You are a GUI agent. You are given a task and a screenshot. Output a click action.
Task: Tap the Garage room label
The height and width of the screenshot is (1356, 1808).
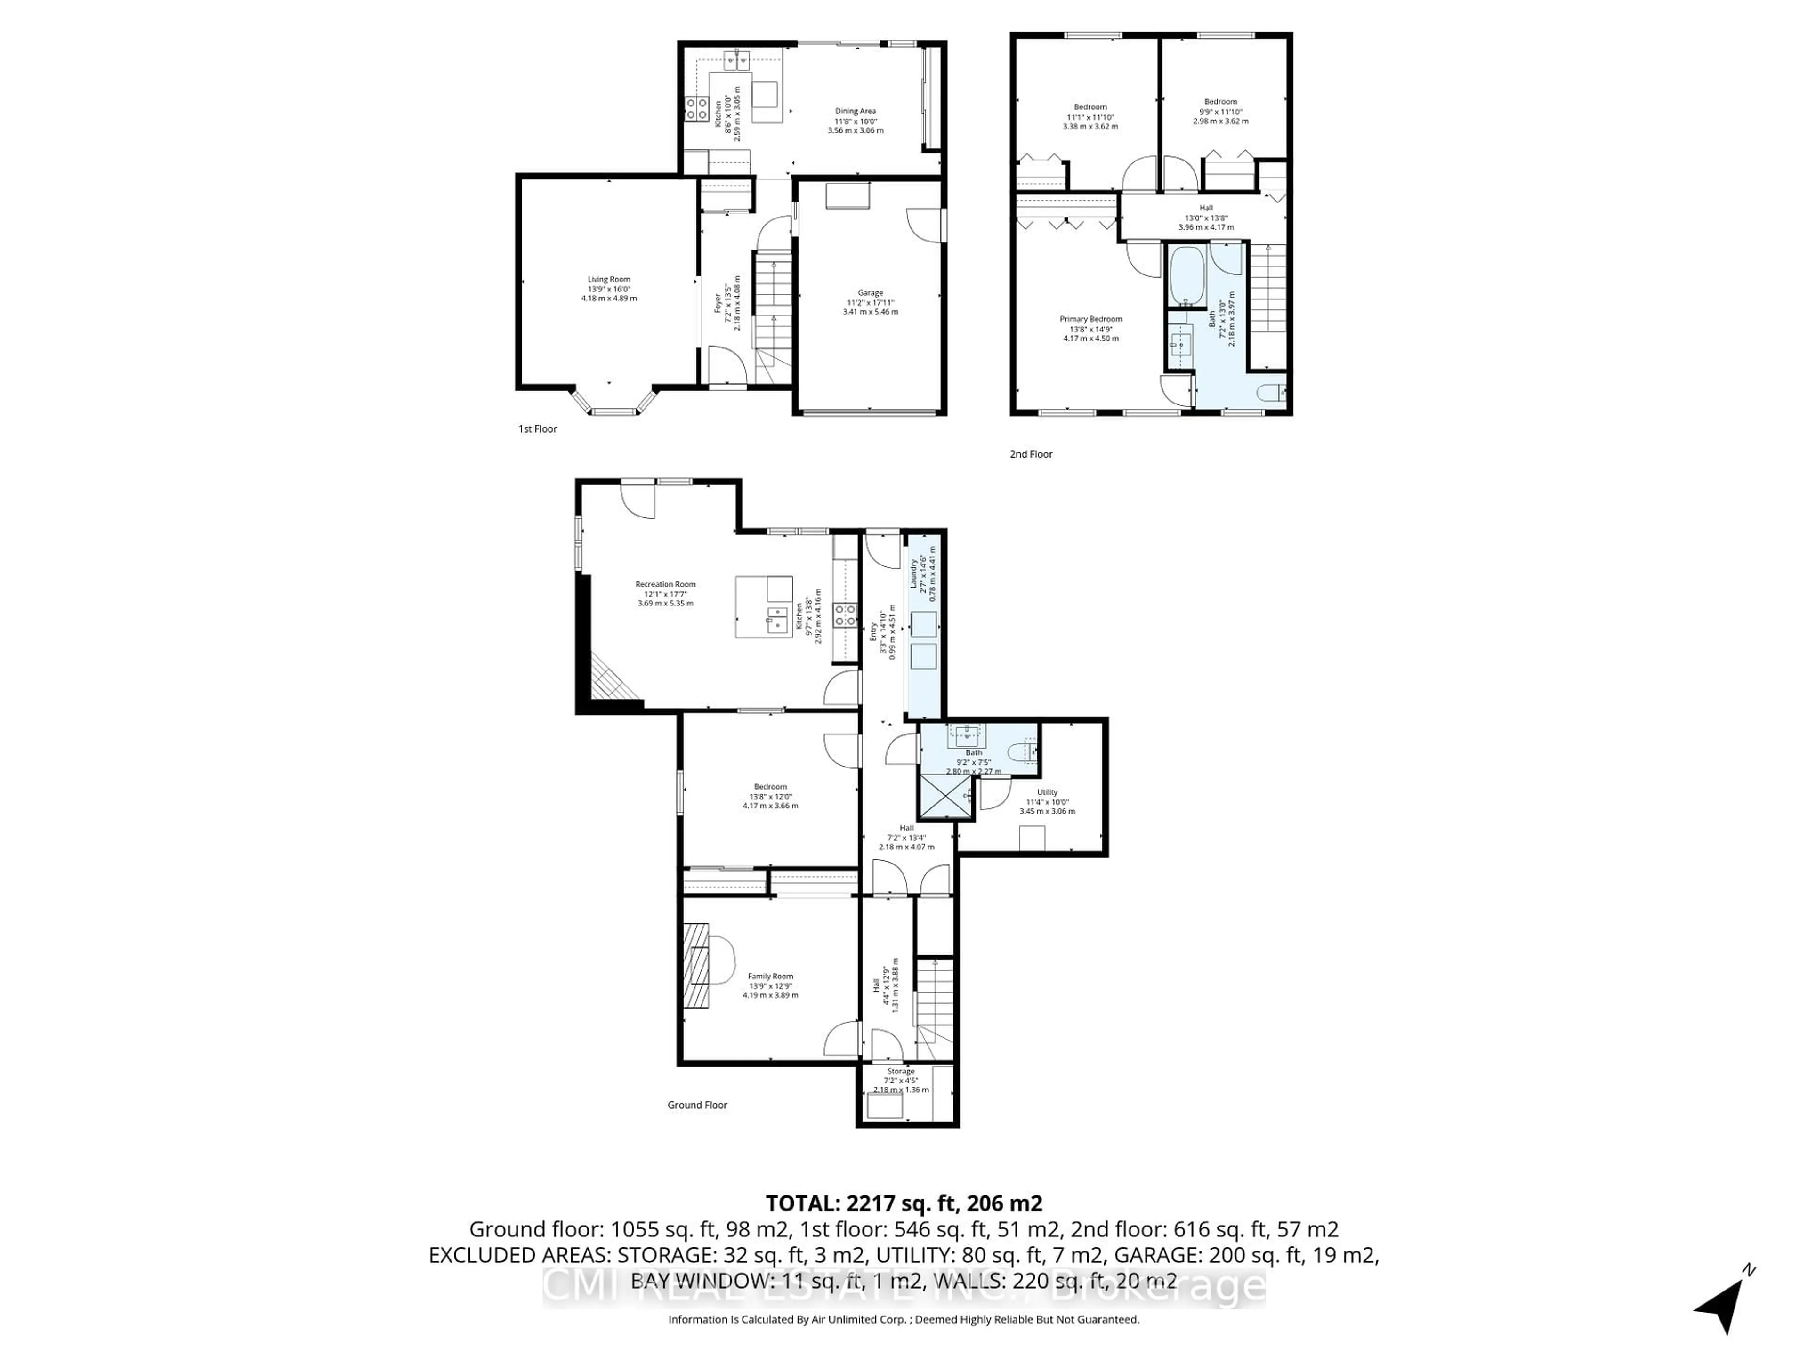871,292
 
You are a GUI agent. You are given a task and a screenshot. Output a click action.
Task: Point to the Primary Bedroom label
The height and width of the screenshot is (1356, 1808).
1090,319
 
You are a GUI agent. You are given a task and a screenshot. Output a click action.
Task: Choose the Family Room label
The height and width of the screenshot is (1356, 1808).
770,976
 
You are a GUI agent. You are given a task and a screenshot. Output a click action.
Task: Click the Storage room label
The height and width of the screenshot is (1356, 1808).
901,1071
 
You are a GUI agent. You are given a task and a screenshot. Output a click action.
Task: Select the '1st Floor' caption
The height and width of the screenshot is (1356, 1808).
538,429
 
